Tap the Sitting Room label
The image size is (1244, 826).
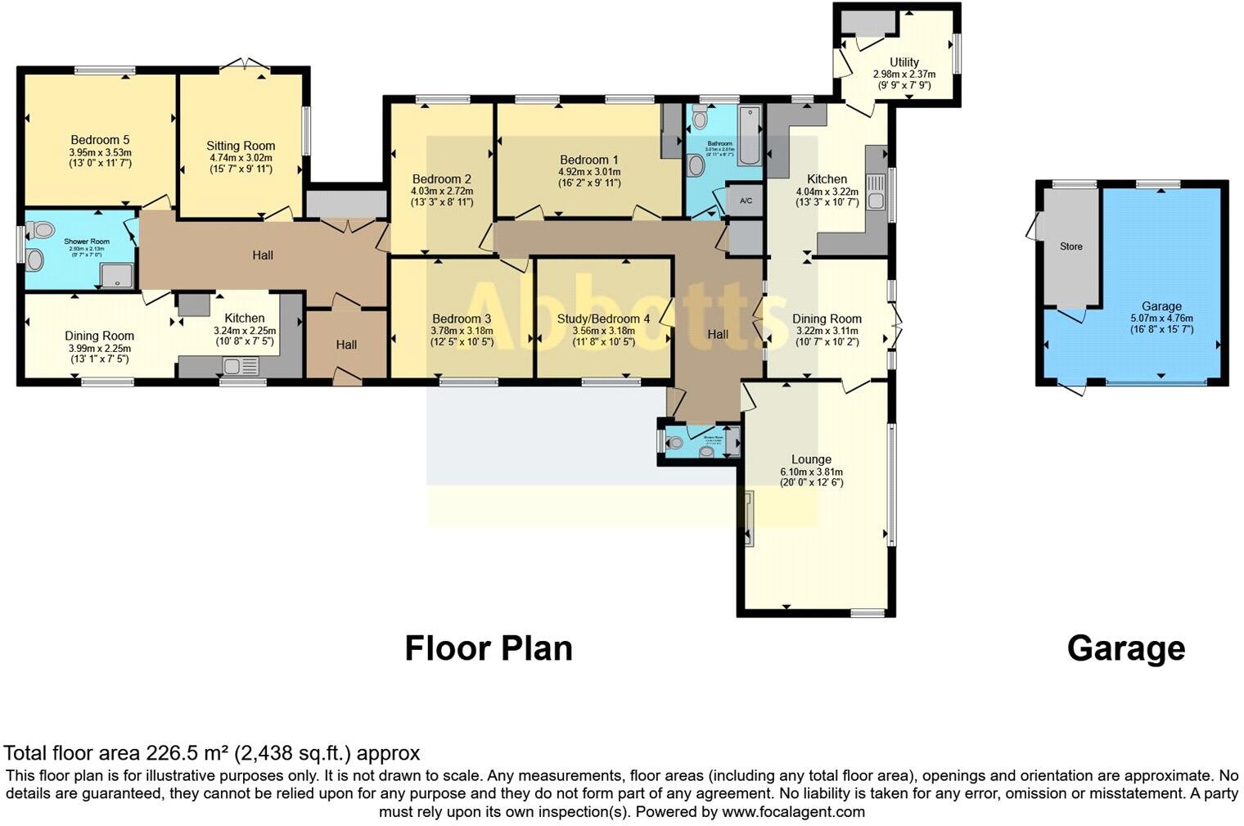240,147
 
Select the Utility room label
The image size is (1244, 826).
904,62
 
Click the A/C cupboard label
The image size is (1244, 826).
746,201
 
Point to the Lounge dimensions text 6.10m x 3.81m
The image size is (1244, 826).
811,472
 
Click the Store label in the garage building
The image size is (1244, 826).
1070,246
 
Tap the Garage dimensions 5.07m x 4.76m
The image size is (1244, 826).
1161,318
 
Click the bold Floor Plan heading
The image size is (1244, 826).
489,648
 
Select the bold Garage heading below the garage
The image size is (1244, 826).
1125,648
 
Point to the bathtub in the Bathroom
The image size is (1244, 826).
750,134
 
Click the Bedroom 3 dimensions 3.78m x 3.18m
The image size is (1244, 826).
462,331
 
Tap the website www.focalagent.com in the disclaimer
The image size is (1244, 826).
792,812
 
